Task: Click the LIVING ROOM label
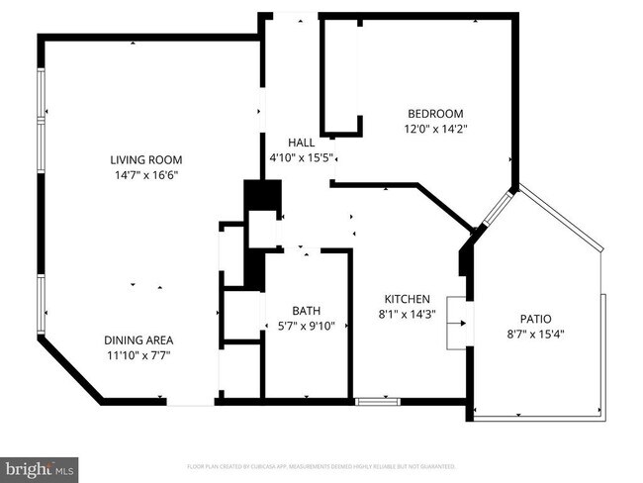[145, 159]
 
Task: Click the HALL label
[301, 143]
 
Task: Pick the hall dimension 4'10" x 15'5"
[301, 157]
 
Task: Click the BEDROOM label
[434, 114]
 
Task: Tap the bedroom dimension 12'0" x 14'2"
[434, 129]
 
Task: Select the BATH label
[306, 310]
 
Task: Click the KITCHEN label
[407, 299]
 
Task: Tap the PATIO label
[535, 319]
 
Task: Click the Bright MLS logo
[40, 466]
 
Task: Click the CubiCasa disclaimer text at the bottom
[321, 465]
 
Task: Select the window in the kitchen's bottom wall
[377, 401]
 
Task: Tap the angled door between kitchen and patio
[496, 208]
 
